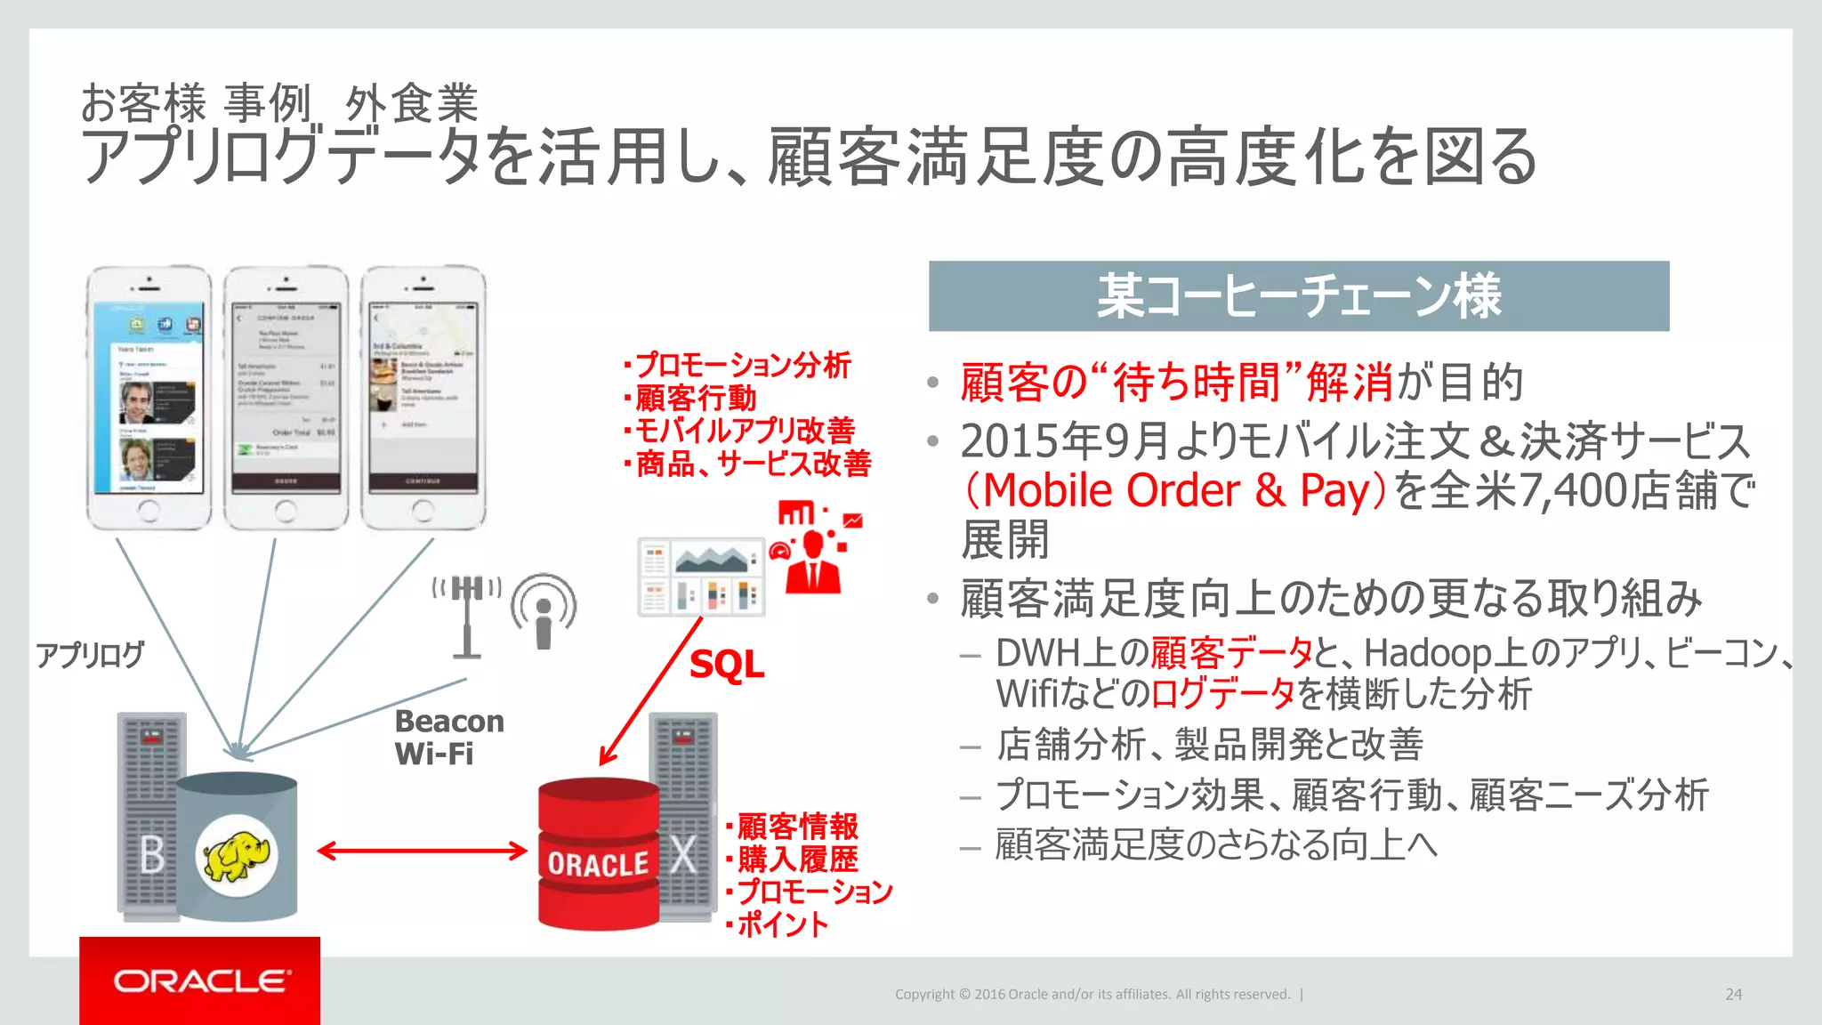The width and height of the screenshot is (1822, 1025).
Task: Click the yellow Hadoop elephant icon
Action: click(237, 856)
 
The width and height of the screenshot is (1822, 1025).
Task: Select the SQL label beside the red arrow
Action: click(727, 665)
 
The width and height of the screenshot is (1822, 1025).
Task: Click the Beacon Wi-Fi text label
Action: click(448, 737)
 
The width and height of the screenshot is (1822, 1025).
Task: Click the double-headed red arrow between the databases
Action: click(422, 851)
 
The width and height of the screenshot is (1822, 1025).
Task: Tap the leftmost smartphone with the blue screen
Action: click(149, 397)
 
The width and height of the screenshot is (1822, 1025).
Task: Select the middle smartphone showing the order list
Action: click(286, 397)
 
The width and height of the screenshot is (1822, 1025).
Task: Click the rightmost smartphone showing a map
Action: click(423, 397)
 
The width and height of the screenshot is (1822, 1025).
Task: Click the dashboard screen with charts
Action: click(701, 577)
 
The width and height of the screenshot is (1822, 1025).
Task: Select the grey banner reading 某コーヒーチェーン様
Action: click(1298, 296)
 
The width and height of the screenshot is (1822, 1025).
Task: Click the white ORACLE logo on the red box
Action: click(201, 981)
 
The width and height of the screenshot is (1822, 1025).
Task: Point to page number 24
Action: click(1733, 994)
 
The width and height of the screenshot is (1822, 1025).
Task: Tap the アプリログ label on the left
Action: click(90, 655)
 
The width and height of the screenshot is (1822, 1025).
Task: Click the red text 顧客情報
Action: click(797, 826)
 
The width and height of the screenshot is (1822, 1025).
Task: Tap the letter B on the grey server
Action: click(152, 855)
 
